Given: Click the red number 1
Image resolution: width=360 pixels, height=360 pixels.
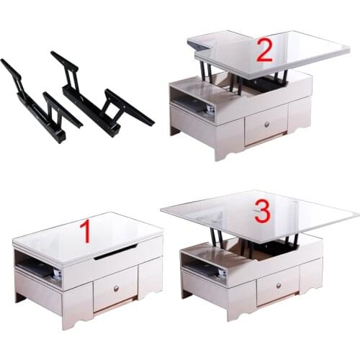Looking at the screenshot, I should (85, 232).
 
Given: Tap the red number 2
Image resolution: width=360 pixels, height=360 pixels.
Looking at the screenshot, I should (264, 52).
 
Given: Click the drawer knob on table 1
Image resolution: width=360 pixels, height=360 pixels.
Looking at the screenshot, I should (116, 287).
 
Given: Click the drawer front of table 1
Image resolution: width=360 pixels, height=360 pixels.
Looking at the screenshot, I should (115, 288).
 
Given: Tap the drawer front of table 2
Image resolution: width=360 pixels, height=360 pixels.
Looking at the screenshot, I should (266, 125).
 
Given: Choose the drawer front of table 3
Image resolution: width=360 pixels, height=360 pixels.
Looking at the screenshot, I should (278, 284).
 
